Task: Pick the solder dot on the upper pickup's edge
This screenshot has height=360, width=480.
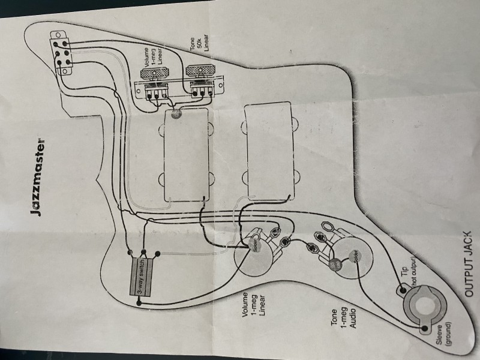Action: tap(176, 115)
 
